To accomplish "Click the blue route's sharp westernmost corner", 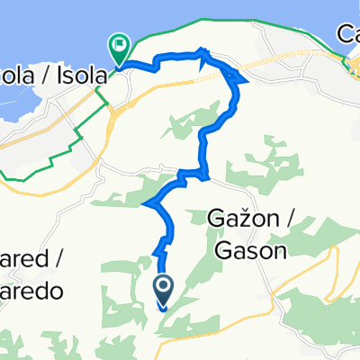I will coord(144,205).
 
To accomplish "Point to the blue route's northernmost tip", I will coord(201,49).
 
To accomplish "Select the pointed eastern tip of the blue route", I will coord(246,81).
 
